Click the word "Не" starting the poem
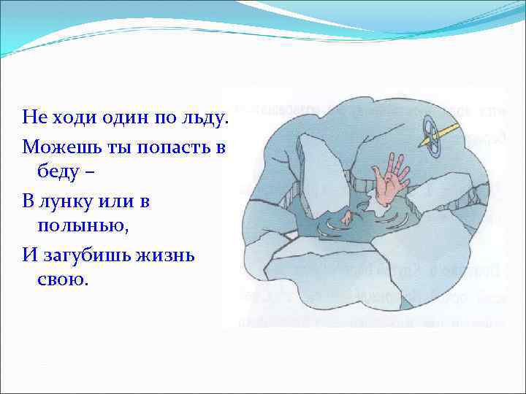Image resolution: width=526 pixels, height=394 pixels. click(x=34, y=117)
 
